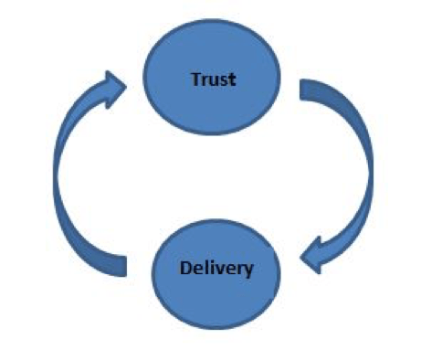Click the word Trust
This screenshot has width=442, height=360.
pyautogui.click(x=213, y=79)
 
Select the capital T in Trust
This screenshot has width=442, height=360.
pyautogui.click(x=195, y=79)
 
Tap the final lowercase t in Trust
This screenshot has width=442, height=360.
pyautogui.click(x=232, y=79)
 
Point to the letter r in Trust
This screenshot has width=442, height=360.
pyautogui.click(x=203, y=79)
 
